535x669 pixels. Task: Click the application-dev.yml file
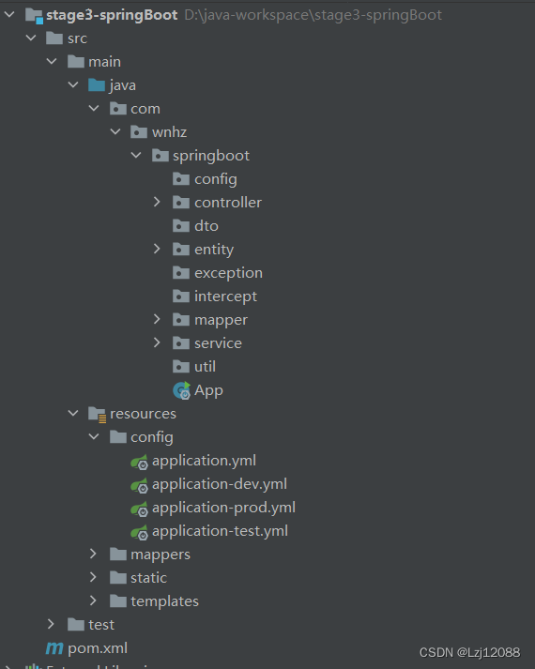(219, 484)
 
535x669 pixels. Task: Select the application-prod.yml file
(223, 508)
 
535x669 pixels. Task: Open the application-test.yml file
(220, 531)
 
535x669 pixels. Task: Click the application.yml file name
(204, 461)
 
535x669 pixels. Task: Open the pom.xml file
(97, 647)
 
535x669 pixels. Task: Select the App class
(208, 390)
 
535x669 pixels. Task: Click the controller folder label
(228, 203)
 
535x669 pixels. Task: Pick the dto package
(206, 226)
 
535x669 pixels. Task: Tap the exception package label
(228, 273)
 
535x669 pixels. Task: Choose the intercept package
(225, 296)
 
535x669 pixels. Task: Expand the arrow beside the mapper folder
(158, 320)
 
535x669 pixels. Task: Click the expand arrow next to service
(158, 343)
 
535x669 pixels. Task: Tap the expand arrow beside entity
(158, 250)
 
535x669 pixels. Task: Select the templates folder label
(164, 601)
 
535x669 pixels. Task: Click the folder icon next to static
(117, 578)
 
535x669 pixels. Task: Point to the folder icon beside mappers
(117, 555)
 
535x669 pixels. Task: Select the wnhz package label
(169, 132)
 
